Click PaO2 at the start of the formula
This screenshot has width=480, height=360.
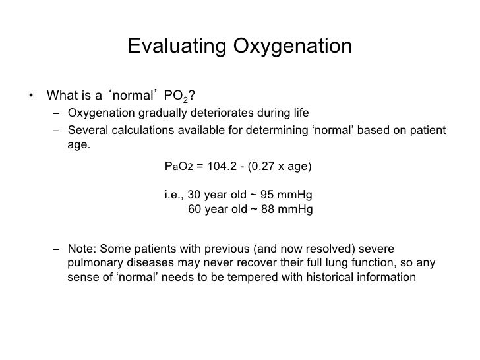point(178,167)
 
